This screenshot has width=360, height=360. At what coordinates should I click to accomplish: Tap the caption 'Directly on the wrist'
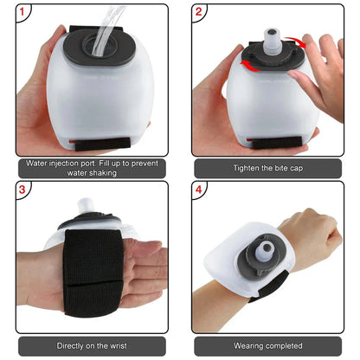(x=89, y=344)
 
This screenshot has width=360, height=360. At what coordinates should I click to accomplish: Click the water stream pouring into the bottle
(x=109, y=22)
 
